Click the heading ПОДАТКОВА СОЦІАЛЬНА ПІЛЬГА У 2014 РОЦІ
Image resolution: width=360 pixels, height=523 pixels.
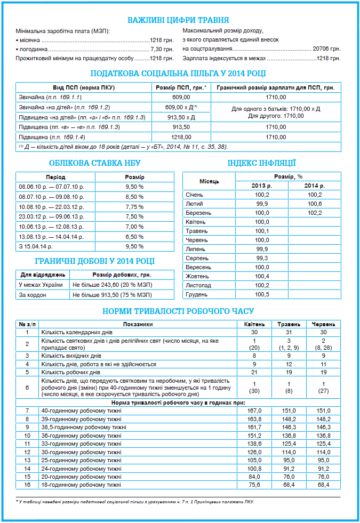click(x=178, y=74)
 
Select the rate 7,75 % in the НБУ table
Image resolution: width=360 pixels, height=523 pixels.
click(x=134, y=207)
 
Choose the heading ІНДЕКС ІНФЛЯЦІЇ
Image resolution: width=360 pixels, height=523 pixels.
click(x=261, y=163)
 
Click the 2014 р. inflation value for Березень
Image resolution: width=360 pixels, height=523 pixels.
click(x=315, y=213)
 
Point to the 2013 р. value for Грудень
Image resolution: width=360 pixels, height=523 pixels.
click(x=262, y=294)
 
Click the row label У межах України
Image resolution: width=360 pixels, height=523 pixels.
click(x=40, y=285)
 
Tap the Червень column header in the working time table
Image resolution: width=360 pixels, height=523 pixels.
click(x=323, y=324)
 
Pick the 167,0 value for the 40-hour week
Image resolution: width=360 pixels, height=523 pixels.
click(x=254, y=411)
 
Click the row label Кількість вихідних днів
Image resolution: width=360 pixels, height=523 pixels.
click(x=71, y=355)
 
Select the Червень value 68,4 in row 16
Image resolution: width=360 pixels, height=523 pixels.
click(x=323, y=485)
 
